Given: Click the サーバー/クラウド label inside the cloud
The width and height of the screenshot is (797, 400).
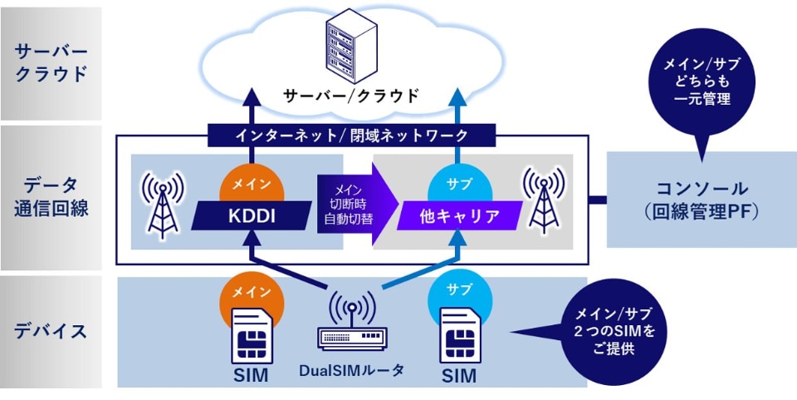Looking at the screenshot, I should pyautogui.click(x=352, y=95).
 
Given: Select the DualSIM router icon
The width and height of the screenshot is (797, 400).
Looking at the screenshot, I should pyautogui.click(x=352, y=324).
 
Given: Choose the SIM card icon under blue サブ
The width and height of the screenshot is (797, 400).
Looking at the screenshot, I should pyautogui.click(x=459, y=337).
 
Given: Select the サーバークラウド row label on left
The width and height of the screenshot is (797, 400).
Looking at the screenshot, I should pyautogui.click(x=51, y=62).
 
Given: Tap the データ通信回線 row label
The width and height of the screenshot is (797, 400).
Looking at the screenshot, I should pyautogui.click(x=51, y=196).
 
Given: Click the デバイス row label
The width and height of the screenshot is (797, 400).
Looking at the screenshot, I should pyautogui.click(x=51, y=331).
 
